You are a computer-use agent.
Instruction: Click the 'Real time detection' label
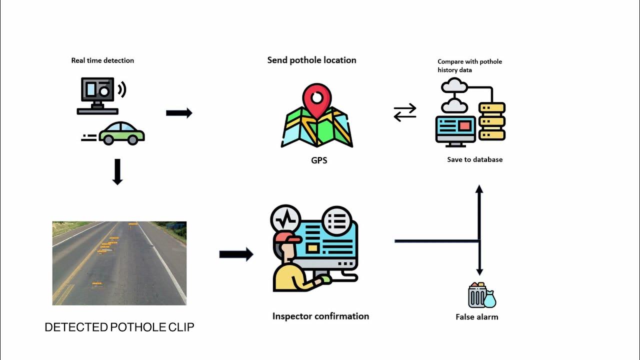(x=102, y=60)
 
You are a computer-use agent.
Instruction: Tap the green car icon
(x=121, y=133)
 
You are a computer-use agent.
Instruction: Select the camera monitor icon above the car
(x=98, y=95)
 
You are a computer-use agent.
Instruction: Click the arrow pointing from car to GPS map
(x=179, y=113)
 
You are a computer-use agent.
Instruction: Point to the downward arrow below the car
(x=117, y=172)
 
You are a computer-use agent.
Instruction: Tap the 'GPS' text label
(x=319, y=161)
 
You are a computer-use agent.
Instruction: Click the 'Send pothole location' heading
(x=311, y=60)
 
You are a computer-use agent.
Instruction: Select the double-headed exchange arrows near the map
(x=405, y=112)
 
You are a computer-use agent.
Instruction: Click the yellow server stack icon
(x=492, y=121)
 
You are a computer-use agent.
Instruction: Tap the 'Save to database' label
(x=474, y=159)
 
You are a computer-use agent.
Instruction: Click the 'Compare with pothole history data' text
(x=469, y=65)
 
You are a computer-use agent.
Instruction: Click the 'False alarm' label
(x=476, y=317)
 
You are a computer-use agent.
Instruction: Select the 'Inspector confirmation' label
(x=320, y=316)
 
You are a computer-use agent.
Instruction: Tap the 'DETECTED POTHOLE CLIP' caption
(x=119, y=327)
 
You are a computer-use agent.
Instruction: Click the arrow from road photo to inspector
(x=236, y=254)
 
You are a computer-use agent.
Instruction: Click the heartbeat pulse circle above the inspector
(x=285, y=219)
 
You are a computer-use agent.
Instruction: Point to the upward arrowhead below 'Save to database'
(x=479, y=189)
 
